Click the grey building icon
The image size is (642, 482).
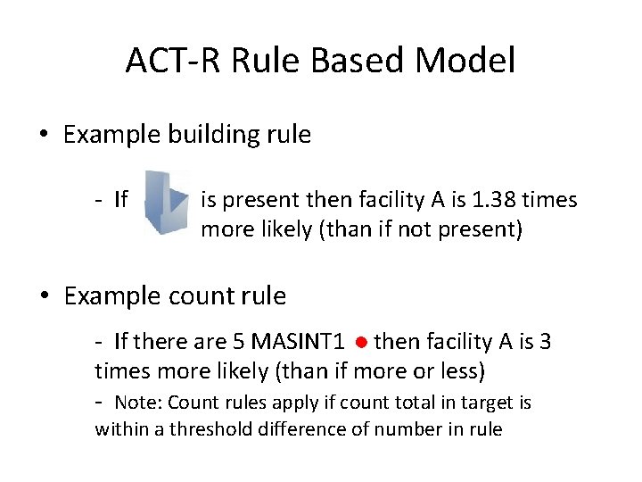click(x=167, y=204)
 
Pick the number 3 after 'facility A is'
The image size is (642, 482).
click(x=546, y=342)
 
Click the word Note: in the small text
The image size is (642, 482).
click(x=139, y=403)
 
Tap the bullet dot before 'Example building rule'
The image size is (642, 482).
click(x=44, y=136)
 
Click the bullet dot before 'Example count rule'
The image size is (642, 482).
click(x=44, y=296)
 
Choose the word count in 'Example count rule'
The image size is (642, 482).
click(x=204, y=295)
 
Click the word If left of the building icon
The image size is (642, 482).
click(x=121, y=199)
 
